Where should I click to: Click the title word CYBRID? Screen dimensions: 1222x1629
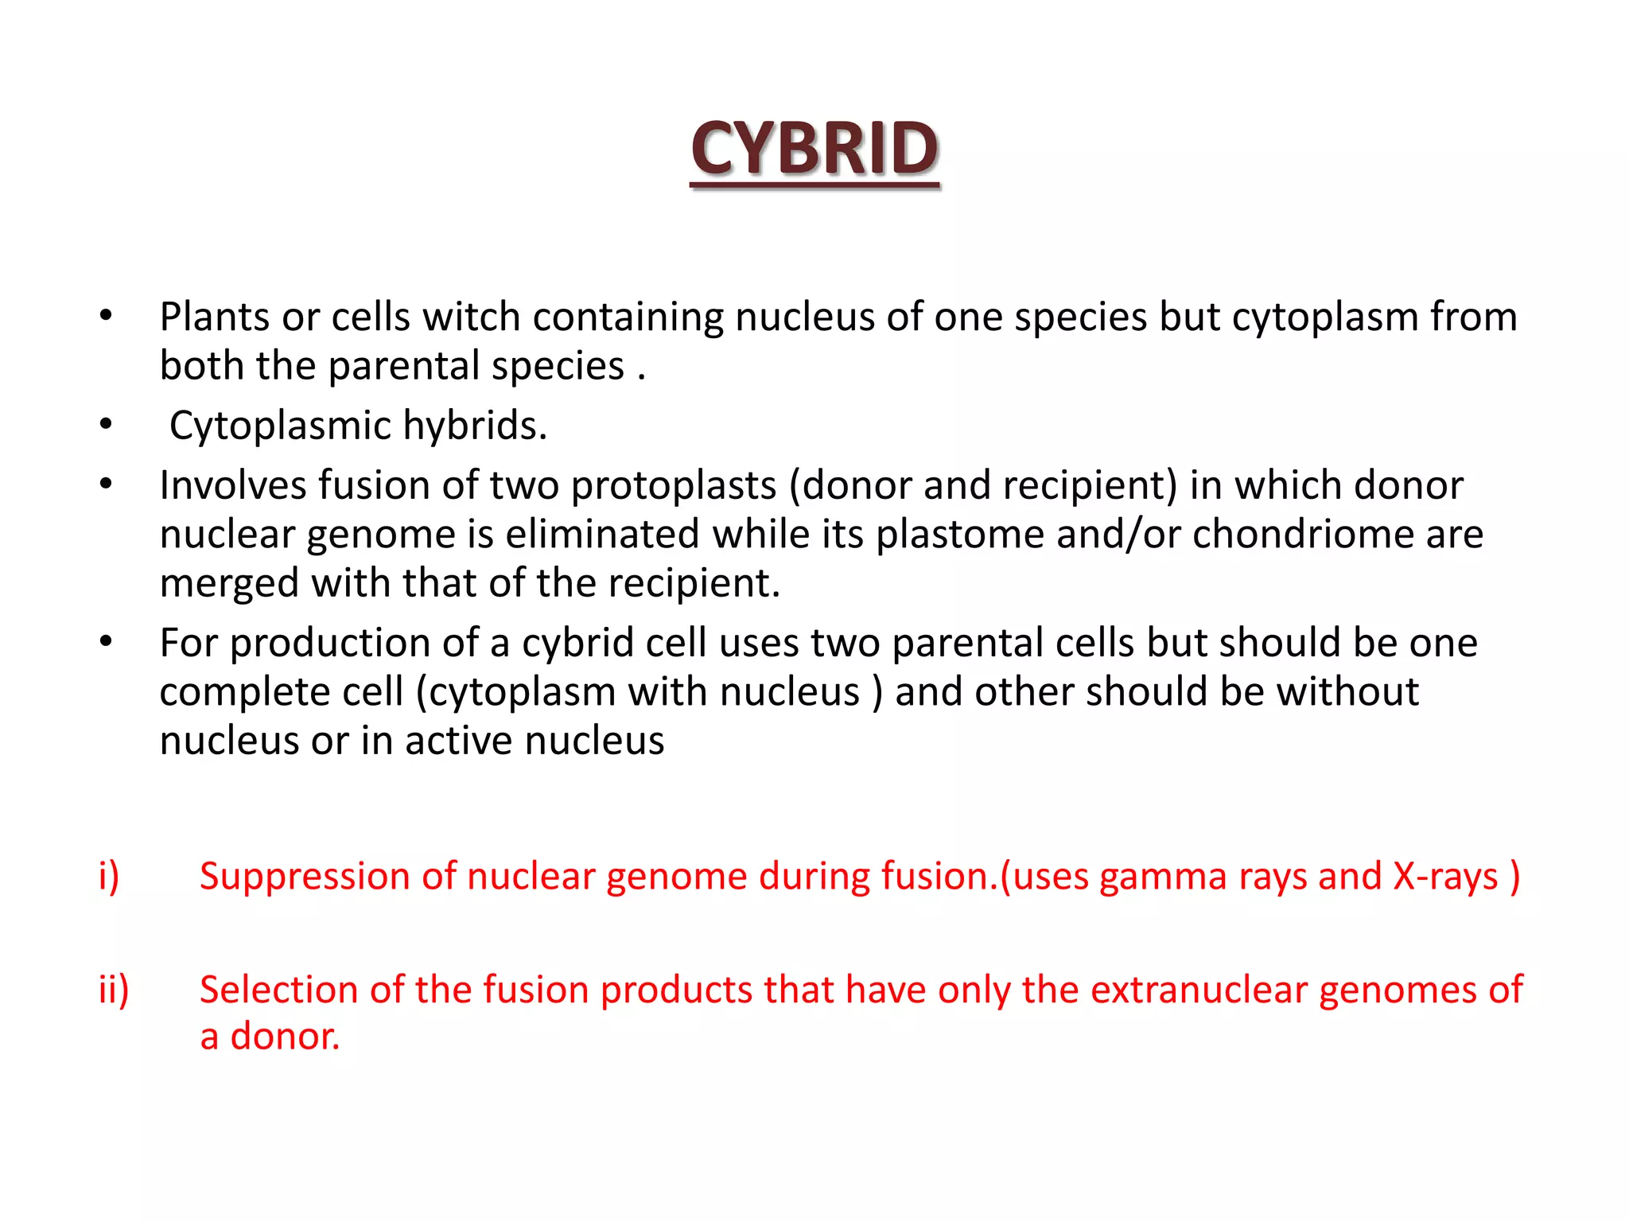[814, 149]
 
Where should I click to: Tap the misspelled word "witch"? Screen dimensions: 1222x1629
[471, 317]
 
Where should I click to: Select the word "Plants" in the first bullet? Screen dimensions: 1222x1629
[214, 317]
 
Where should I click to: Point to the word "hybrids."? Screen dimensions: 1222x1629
[475, 426]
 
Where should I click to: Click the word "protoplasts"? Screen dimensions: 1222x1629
[673, 485]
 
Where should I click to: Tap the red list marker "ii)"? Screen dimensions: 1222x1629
[114, 990]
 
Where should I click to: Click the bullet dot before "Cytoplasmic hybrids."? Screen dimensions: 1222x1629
[106, 425]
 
